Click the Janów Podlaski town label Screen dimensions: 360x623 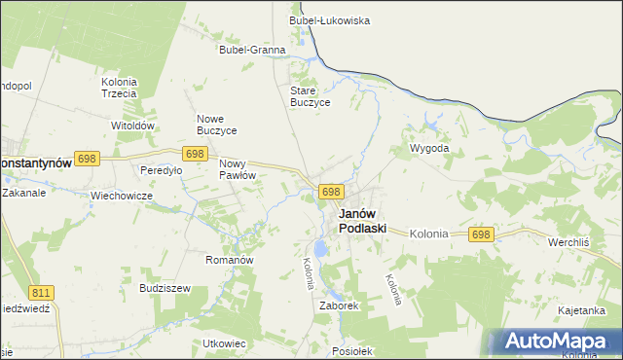click(362, 221)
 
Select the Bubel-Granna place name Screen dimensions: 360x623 click(252, 50)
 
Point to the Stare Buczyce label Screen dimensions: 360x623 click(311, 96)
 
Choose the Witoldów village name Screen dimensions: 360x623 click(133, 126)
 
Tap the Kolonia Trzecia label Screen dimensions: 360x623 click(119, 88)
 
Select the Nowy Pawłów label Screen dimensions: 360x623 click(238, 169)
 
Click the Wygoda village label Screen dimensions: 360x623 click(429, 149)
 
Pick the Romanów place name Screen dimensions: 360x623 click(230, 261)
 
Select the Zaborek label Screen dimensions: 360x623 click(340, 305)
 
